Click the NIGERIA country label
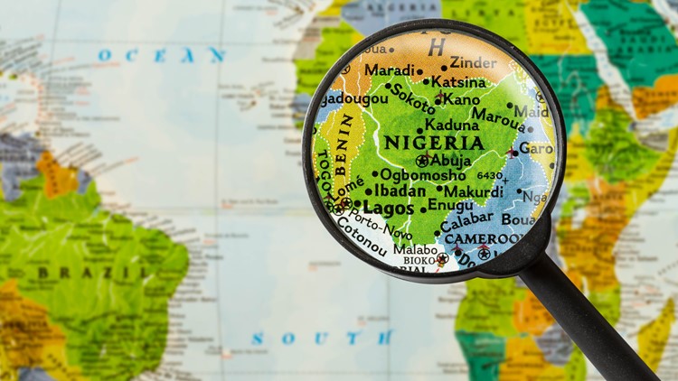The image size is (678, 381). [434, 143]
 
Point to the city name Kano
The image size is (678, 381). [462, 98]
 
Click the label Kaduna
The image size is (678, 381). [452, 125]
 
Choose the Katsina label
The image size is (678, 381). [458, 81]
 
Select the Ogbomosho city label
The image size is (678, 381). [421, 174]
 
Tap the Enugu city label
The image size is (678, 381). [450, 206]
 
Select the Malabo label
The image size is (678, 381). [415, 250]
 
